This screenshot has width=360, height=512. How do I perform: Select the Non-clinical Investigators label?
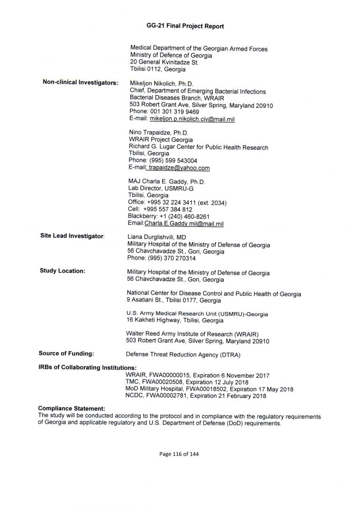point(80,83)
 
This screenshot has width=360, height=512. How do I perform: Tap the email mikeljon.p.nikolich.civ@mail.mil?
point(192,120)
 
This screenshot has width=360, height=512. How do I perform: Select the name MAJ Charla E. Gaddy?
point(166,181)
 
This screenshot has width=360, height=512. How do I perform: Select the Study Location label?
point(62,271)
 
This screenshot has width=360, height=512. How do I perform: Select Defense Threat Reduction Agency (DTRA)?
point(183,355)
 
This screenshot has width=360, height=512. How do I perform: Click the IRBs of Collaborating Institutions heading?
point(87,368)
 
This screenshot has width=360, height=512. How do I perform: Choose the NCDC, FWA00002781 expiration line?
point(196,396)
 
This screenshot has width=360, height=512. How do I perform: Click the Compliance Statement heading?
point(71,409)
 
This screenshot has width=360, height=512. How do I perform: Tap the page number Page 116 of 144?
point(180,454)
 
